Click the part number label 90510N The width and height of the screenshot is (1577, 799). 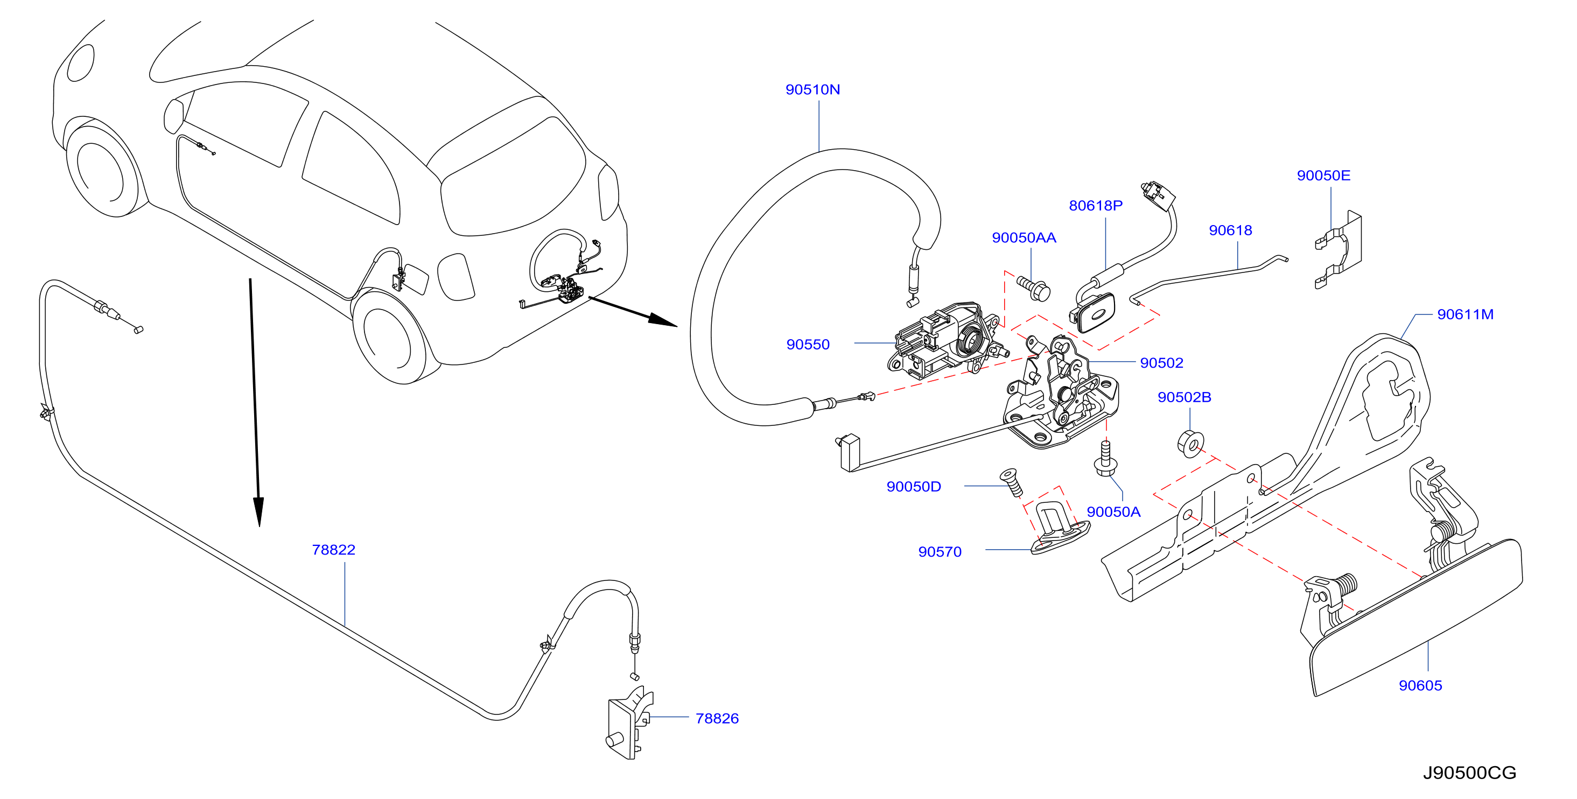pyautogui.click(x=812, y=89)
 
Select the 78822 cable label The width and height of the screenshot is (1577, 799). pyautogui.click(x=334, y=550)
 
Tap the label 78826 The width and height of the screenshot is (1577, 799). pyautogui.click(x=717, y=718)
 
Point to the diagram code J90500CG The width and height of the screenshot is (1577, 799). pyautogui.click(x=1469, y=773)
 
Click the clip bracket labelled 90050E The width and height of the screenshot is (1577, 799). pyautogui.click(x=1339, y=250)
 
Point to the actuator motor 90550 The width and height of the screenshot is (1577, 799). pyautogui.click(x=946, y=339)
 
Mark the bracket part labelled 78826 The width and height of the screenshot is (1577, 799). pyautogui.click(x=629, y=724)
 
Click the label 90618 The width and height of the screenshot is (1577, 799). pyautogui.click(x=1230, y=230)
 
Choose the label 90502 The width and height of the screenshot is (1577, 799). pyautogui.click(x=1161, y=363)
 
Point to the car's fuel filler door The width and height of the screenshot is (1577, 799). pyautogui.click(x=415, y=278)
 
